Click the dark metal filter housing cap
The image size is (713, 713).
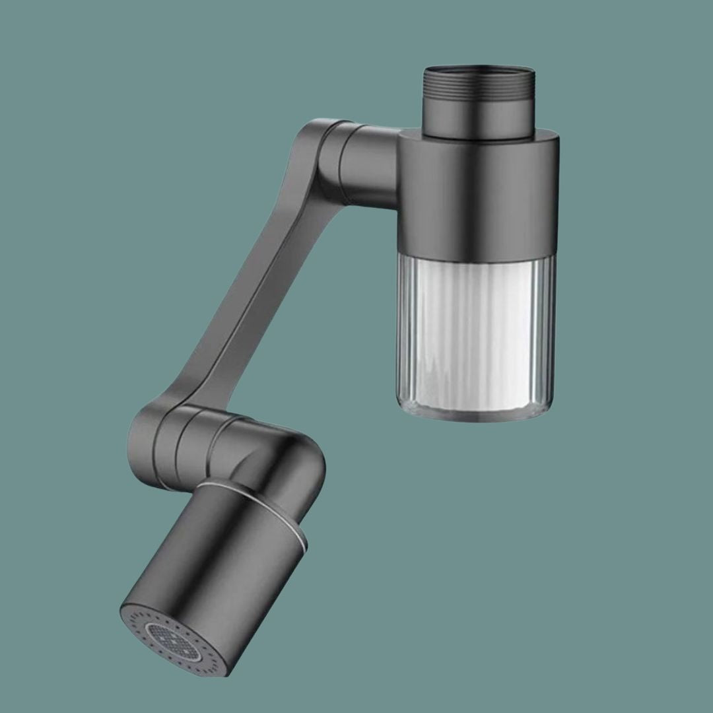[x=479, y=198]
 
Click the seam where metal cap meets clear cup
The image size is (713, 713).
[x=477, y=256]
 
